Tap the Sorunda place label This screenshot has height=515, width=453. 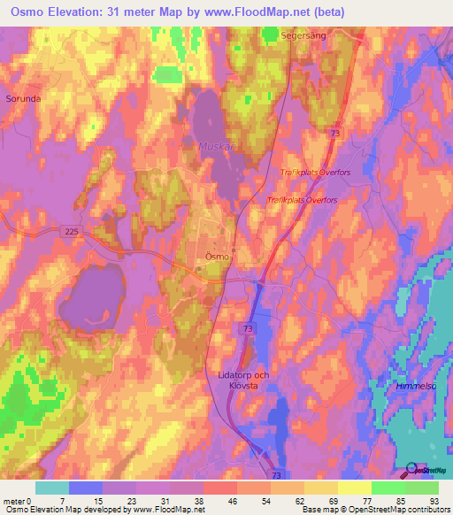tap(23, 99)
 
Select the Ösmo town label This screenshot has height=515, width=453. tap(217, 256)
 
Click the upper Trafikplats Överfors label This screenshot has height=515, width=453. tap(315, 173)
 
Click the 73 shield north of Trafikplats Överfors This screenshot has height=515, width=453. tap(334, 133)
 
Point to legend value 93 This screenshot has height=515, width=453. tap(434, 501)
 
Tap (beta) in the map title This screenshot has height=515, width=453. tap(322, 12)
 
